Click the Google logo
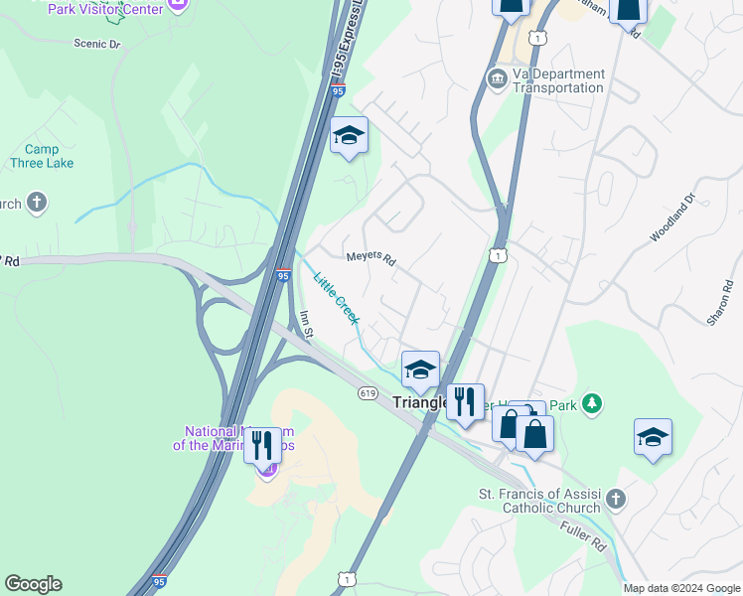[x=33, y=584]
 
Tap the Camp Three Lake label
[x=35, y=156]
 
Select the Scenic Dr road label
[x=96, y=44]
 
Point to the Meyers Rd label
[x=371, y=259]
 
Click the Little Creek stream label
[x=336, y=297]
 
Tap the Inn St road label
[x=307, y=323]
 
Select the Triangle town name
[x=421, y=403]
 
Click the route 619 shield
[x=368, y=393]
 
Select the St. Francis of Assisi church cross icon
[x=616, y=498]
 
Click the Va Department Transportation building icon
[x=496, y=77]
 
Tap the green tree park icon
[x=592, y=402]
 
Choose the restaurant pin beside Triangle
[x=465, y=402]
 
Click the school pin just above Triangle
[x=420, y=370]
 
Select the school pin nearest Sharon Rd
[x=653, y=437]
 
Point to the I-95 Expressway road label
[x=347, y=40]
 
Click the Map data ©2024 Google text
[x=682, y=588]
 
